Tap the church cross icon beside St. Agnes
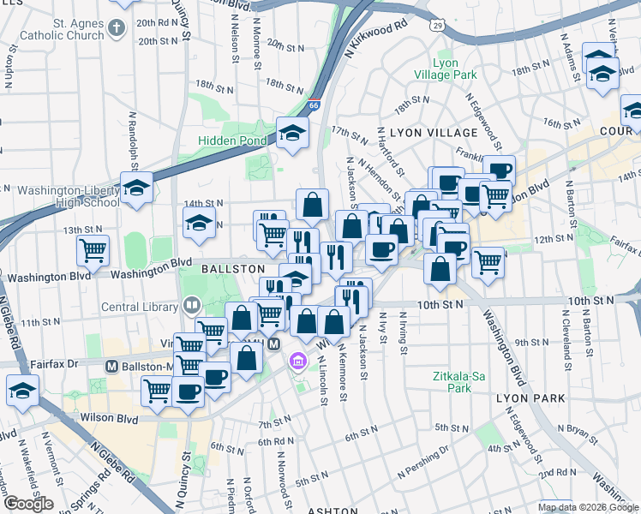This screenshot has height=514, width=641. (117, 29)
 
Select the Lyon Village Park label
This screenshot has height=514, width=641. (454, 69)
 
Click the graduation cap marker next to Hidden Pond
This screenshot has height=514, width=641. (292, 133)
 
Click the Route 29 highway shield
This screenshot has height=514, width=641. (438, 27)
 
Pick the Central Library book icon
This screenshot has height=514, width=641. (191, 304)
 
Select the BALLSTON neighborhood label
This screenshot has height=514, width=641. (233, 269)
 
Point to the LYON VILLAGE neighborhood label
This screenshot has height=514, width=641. (433, 133)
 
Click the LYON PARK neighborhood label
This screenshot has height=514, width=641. (530, 398)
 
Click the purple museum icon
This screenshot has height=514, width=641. (297, 360)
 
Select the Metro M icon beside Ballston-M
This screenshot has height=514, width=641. (111, 366)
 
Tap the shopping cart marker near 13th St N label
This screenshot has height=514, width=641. (93, 250)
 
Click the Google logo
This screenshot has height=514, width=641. (28, 504)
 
